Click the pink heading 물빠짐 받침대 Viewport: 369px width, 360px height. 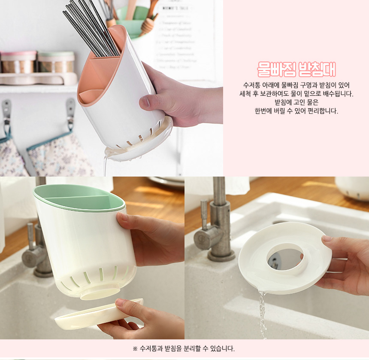tap(296, 70)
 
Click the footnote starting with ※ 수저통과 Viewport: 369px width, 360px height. tap(184, 348)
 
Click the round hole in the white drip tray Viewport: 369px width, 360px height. tap(285, 259)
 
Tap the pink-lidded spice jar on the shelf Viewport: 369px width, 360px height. tap(18, 62)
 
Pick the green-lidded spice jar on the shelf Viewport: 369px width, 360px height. tap(56, 62)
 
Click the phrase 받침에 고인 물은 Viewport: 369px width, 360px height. tap(296, 102)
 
